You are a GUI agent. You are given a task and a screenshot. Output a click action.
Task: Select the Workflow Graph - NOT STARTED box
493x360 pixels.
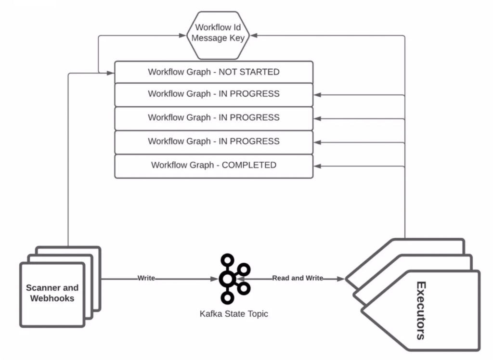click(x=214, y=72)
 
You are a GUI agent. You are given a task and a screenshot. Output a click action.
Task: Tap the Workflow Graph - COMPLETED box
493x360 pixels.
click(x=214, y=165)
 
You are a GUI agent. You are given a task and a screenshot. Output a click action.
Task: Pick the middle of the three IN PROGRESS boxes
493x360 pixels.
click(x=214, y=117)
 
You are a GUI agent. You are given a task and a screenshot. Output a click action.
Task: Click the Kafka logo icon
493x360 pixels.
click(x=233, y=279)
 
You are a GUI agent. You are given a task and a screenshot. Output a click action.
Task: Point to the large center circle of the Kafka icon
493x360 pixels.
click(x=227, y=279)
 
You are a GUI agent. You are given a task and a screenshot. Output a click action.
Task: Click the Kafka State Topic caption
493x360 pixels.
click(x=234, y=314)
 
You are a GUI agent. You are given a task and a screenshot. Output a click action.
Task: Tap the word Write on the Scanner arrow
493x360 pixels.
click(x=146, y=278)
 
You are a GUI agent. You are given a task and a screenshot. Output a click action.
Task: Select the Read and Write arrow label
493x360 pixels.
click(x=298, y=278)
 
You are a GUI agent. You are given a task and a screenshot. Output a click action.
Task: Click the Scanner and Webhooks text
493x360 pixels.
click(x=52, y=293)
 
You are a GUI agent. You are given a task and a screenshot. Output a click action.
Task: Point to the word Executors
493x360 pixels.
click(x=420, y=310)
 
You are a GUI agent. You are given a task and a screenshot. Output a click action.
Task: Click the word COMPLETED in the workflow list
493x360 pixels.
click(x=249, y=165)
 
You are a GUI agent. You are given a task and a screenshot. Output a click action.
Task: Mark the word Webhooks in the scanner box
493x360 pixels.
click(x=52, y=298)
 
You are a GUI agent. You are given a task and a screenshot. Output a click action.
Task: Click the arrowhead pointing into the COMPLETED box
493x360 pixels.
click(x=317, y=166)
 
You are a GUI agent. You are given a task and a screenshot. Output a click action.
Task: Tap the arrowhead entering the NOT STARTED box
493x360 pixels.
click(x=110, y=73)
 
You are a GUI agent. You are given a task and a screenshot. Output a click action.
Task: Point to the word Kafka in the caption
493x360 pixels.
click(x=210, y=314)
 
